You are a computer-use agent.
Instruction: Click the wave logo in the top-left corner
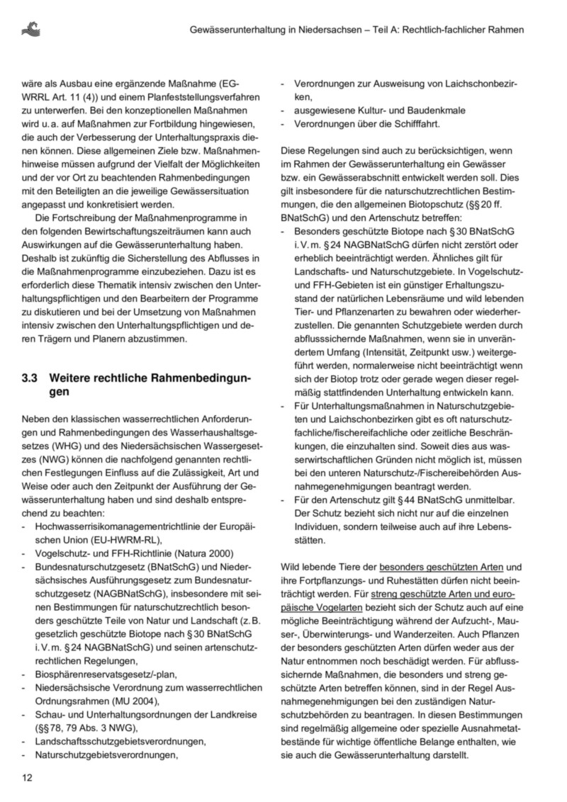[x=31, y=28]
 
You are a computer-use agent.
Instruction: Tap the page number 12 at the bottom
[x=28, y=778]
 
